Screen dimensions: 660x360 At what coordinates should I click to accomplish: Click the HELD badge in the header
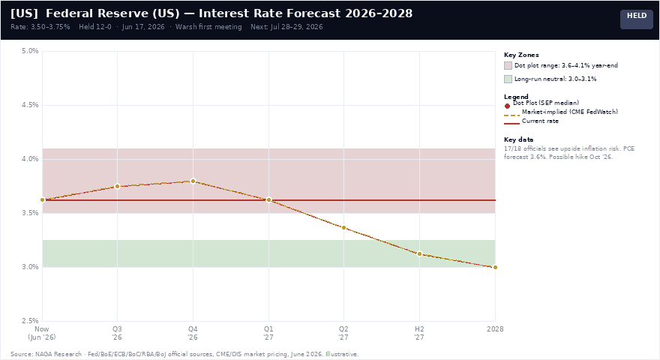(637, 19)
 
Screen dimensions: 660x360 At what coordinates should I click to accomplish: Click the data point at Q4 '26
(193, 181)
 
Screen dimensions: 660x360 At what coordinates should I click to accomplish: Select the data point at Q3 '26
(118, 186)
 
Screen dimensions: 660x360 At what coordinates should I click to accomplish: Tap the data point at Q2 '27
(344, 228)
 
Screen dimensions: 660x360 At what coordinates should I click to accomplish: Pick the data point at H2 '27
(419, 254)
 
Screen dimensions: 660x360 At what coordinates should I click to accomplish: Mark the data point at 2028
(495, 267)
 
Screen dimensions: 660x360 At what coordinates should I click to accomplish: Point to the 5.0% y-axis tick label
(30, 51)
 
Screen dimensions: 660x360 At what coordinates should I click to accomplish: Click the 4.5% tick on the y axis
(30, 105)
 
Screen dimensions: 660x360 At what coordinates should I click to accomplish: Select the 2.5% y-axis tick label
(30, 321)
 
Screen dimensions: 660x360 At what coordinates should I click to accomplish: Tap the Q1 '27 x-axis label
(268, 333)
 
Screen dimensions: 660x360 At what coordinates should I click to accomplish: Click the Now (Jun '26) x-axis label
(42, 333)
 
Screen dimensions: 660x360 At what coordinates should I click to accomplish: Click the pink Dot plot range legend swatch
(508, 66)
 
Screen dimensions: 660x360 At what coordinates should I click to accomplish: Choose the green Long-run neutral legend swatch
(508, 79)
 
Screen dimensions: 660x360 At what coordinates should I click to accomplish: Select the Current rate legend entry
(531, 121)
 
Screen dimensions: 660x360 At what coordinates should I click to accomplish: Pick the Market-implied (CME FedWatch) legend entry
(561, 112)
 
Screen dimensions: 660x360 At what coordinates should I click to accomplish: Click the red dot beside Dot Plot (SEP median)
(507, 106)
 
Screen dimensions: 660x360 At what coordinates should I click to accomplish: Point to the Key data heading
(518, 139)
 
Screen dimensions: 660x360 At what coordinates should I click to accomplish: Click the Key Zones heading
(521, 55)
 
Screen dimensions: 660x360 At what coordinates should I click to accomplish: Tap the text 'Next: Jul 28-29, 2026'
(286, 27)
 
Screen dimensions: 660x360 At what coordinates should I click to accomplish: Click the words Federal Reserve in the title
(97, 13)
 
